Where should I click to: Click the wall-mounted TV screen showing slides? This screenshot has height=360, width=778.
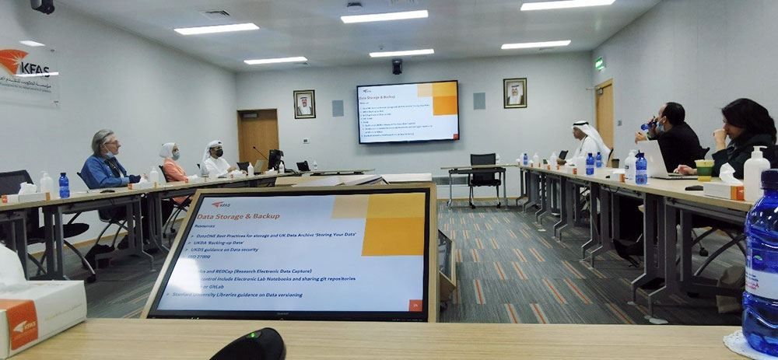point(408,111)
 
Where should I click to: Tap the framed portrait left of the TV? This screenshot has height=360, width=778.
point(304,103)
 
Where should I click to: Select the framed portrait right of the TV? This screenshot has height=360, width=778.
point(514,93)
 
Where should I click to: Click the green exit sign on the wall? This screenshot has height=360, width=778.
point(599,64)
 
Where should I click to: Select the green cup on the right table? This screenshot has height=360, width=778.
point(704,170)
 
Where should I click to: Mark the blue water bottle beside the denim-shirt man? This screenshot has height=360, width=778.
point(64,185)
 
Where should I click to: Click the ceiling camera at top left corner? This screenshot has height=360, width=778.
point(43,5)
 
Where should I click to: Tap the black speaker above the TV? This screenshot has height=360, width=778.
point(397,67)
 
